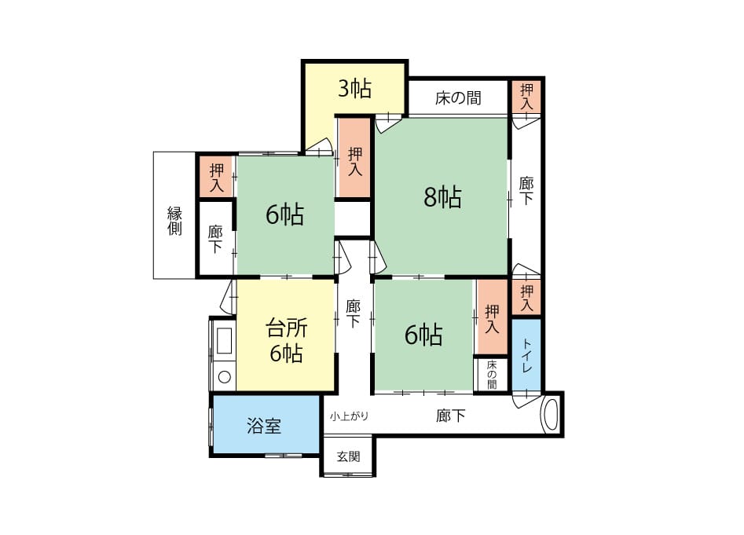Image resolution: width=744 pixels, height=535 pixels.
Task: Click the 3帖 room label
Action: pos(354,88)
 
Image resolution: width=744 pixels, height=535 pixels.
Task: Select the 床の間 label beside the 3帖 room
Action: pos(458,98)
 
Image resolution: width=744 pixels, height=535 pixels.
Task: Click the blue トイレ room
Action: pos(526,355)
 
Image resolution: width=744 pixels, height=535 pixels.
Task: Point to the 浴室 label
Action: pos(264,426)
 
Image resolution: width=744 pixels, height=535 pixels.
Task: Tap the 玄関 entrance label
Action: pos(349,456)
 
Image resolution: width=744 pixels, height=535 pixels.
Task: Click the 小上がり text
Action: pos(350,416)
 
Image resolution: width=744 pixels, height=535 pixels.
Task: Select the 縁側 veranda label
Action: pos(174,221)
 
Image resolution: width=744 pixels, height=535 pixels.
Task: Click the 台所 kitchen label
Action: pos(287,328)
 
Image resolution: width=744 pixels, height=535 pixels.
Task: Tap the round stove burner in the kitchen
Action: pos(225,378)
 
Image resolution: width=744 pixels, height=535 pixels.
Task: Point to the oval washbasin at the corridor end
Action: pos(551,415)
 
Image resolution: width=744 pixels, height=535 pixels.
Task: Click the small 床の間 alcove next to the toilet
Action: pos(492,374)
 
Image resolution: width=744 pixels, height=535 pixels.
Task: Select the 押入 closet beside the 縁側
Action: pos(216,177)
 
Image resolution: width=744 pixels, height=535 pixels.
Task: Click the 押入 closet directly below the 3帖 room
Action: pos(354,158)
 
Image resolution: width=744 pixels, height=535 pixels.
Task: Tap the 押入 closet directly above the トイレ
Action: pos(526,298)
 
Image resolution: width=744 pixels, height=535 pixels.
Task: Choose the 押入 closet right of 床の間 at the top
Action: pos(526,97)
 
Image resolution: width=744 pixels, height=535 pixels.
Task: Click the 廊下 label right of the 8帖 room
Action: pos(526,190)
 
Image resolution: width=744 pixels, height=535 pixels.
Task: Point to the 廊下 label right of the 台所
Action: pos(353,313)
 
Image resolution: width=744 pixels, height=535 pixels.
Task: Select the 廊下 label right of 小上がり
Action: pos(450,416)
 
